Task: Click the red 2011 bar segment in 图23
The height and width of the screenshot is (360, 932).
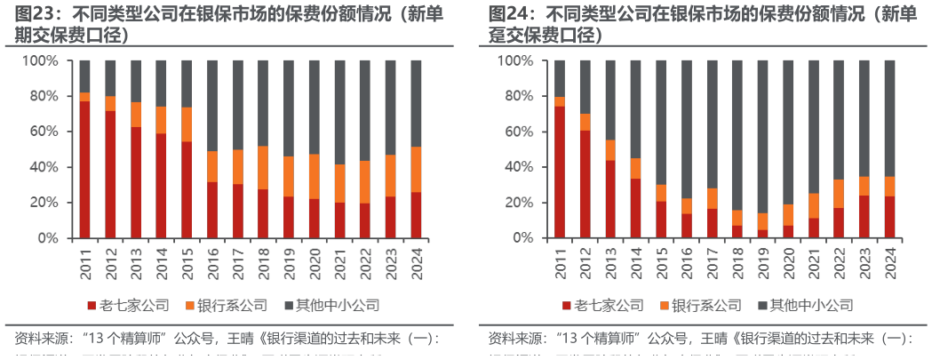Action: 84,169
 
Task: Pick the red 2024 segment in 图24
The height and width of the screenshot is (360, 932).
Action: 890,217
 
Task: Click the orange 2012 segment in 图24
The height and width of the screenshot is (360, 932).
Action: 585,122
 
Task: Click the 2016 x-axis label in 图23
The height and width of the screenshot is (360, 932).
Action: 211,261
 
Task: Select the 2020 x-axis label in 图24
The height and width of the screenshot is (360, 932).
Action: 789,261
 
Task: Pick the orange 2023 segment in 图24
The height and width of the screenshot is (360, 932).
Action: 864,186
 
